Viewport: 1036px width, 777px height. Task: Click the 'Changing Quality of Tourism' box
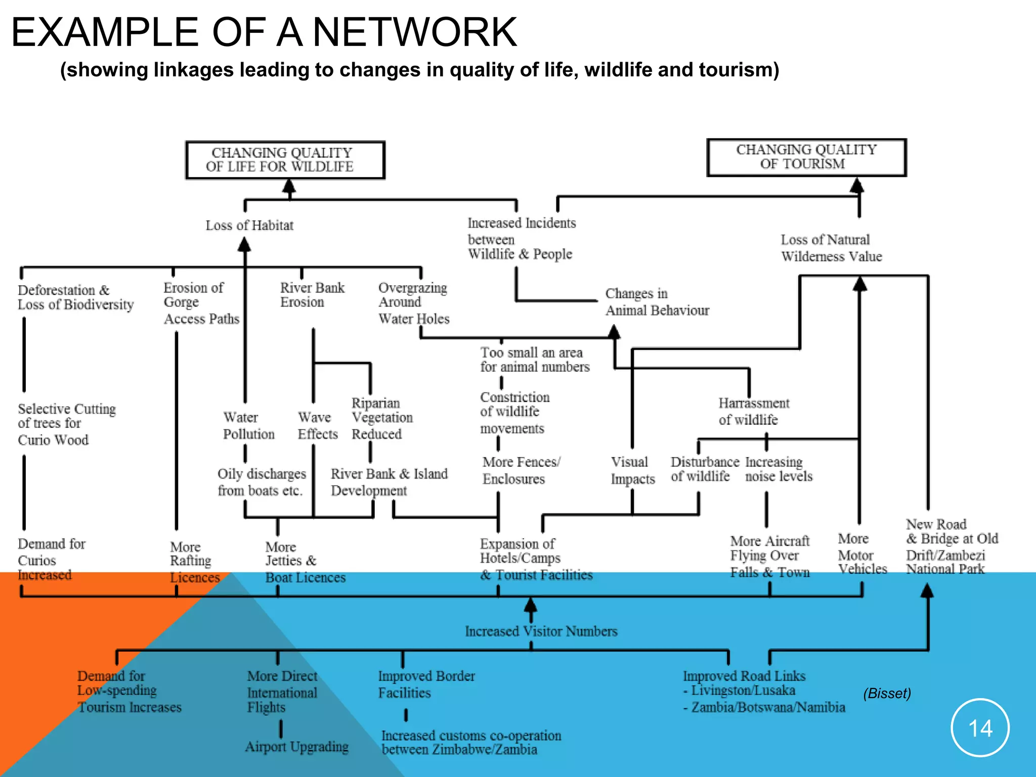tap(806, 157)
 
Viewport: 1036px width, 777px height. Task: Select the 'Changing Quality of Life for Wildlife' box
tap(285, 160)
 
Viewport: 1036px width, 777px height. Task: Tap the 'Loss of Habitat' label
tap(249, 226)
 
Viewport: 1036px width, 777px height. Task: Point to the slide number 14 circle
tap(980, 728)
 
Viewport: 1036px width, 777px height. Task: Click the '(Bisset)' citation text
tap(887, 693)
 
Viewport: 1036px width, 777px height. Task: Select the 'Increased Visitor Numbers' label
tap(541, 631)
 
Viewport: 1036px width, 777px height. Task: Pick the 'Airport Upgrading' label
tap(297, 747)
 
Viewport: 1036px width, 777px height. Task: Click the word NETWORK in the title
tap(415, 32)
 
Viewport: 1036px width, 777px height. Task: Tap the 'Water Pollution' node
tap(248, 425)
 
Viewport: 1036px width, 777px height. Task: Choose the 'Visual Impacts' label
tap(632, 470)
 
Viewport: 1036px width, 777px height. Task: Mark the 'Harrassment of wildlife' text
tap(753, 411)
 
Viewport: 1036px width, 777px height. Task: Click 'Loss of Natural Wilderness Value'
tap(831, 248)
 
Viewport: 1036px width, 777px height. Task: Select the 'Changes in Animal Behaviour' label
tap(657, 302)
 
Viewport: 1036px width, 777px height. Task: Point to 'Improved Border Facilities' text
tap(426, 684)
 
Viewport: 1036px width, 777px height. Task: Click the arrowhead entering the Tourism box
tap(856, 185)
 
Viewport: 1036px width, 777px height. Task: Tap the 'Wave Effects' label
tap(317, 425)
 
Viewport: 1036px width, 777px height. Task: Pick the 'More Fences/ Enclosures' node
tap(521, 470)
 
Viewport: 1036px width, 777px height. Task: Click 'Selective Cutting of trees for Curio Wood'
tap(66, 424)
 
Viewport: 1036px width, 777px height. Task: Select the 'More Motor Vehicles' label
tap(861, 554)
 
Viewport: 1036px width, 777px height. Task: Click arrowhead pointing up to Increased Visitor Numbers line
tap(530, 605)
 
